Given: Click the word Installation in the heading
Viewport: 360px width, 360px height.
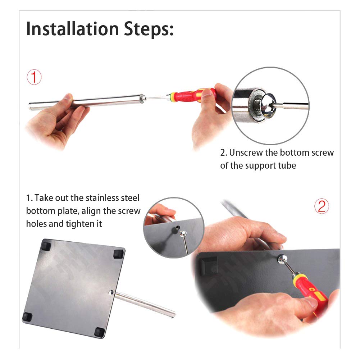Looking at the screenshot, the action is (x=73, y=29).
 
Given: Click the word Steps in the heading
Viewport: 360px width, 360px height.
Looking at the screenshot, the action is (x=149, y=29).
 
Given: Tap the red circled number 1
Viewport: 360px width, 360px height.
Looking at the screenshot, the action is (x=34, y=77).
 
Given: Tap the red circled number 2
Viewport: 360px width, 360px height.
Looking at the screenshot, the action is (x=322, y=206).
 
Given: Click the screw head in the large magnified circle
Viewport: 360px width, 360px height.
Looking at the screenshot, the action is (x=269, y=105).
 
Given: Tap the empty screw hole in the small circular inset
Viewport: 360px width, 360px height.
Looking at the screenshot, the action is (x=177, y=228).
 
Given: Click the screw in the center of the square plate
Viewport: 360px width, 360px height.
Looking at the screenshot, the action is (x=111, y=292).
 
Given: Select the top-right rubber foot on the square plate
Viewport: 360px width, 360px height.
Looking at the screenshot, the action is (x=119, y=254).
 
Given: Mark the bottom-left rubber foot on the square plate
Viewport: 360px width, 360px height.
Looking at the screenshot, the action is (x=27, y=317).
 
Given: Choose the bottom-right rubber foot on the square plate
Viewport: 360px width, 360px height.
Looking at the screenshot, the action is (x=100, y=332).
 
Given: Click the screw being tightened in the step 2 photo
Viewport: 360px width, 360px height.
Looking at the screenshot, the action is (x=282, y=259).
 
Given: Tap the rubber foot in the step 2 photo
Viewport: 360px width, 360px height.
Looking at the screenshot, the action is (x=209, y=266).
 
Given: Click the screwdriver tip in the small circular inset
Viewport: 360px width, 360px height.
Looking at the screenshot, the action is (x=183, y=234).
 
